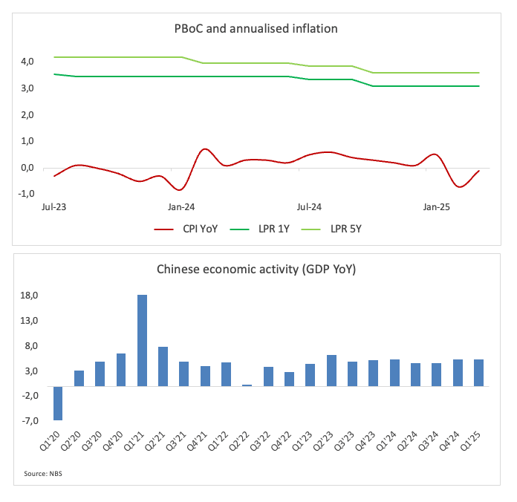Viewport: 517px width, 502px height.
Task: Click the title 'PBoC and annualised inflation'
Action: click(257, 30)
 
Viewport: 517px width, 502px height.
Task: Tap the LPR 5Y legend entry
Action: click(344, 229)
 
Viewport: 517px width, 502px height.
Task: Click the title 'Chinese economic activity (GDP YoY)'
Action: click(256, 270)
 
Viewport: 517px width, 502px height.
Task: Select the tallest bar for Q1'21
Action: click(142, 340)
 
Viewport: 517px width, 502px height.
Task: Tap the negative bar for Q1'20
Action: click(57, 403)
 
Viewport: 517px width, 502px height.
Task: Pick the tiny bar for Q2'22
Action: click(247, 385)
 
